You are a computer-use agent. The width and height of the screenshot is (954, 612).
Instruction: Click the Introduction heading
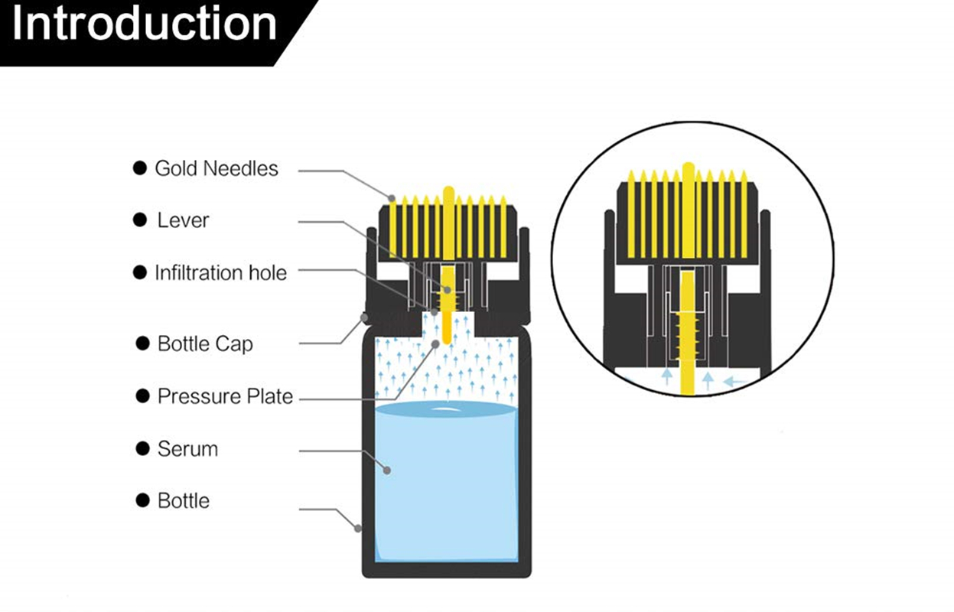pyautogui.click(x=145, y=24)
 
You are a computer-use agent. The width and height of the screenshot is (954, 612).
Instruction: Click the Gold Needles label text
pyautogui.click(x=217, y=168)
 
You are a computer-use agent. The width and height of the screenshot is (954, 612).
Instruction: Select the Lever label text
pyautogui.click(x=183, y=220)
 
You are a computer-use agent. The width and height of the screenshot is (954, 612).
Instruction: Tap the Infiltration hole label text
pyautogui.click(x=220, y=273)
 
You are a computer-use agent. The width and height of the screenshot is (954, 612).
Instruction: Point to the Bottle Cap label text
pyautogui.click(x=204, y=343)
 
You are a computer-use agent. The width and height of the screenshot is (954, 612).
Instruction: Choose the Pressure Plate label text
pyautogui.click(x=225, y=396)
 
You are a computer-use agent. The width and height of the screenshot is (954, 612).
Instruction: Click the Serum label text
pyautogui.click(x=187, y=449)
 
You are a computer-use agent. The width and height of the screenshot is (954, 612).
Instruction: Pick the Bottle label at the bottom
pyautogui.click(x=183, y=501)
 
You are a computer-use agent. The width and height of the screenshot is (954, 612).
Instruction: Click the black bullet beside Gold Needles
pyautogui.click(x=139, y=168)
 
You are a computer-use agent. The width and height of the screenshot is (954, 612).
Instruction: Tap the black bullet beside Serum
pyautogui.click(x=142, y=449)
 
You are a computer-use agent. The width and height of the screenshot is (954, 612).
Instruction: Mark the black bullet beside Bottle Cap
pyautogui.click(x=142, y=343)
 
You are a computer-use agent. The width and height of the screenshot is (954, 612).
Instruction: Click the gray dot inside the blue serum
pyautogui.click(x=387, y=470)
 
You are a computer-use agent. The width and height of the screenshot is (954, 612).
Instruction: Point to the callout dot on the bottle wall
pyautogui.click(x=358, y=527)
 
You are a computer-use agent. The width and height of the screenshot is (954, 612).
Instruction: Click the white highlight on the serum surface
pyautogui.click(x=442, y=412)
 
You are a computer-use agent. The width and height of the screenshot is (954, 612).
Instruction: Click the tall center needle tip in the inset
pyautogui.click(x=688, y=167)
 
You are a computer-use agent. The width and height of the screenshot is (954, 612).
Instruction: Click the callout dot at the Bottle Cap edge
pyautogui.click(x=364, y=316)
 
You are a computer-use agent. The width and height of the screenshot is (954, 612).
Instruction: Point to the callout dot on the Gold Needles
pyautogui.click(x=392, y=199)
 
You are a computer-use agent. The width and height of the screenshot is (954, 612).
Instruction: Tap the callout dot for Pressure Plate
pyautogui.click(x=435, y=344)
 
